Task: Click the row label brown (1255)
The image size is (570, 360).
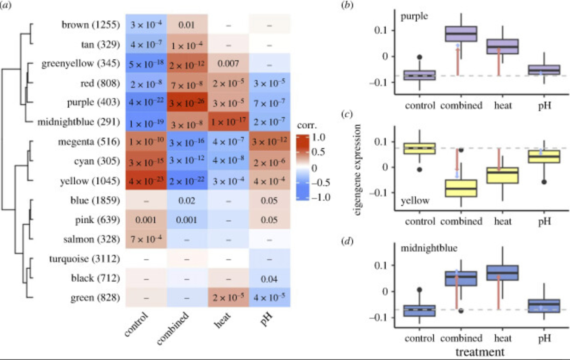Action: [88, 25]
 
